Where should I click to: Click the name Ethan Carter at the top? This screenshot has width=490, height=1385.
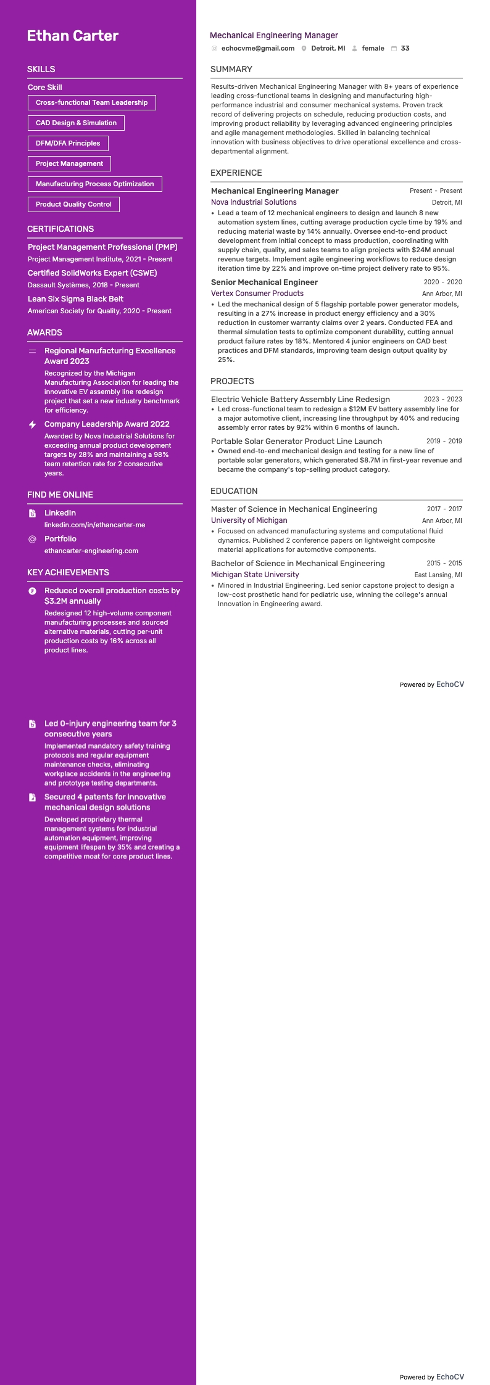pos(73,36)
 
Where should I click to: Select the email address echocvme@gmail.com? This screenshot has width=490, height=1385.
pos(257,48)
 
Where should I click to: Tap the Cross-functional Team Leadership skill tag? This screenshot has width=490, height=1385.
pos(91,102)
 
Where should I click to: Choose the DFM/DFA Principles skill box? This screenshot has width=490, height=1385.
pos(68,143)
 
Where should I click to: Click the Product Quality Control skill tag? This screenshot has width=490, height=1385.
pos(73,204)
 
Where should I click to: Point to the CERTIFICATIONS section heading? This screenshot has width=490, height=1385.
pos(60,229)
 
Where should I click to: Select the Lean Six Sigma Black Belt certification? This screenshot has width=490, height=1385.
pos(75,298)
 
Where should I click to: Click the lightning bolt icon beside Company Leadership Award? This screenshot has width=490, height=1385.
pos(32,424)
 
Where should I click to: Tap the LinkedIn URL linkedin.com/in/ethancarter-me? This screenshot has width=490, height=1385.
pos(94,525)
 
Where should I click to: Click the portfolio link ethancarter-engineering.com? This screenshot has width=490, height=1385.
pos(91,551)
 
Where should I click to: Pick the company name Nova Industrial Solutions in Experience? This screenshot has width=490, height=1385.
pos(254,202)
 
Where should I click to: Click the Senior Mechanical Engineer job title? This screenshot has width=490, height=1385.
pos(264,282)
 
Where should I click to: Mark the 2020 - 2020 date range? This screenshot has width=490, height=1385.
pos(442,282)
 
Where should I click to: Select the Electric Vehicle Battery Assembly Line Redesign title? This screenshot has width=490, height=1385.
pos(300,400)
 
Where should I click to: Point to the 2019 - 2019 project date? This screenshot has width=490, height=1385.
pos(444,442)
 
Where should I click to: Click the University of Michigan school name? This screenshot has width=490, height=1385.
pos(249,520)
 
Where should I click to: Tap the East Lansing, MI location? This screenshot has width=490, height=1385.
pos(438,575)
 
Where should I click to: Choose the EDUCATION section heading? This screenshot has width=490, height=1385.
pos(234,491)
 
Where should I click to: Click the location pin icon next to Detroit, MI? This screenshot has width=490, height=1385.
pos(304,49)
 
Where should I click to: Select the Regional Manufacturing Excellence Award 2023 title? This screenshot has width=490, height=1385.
pos(110,356)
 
